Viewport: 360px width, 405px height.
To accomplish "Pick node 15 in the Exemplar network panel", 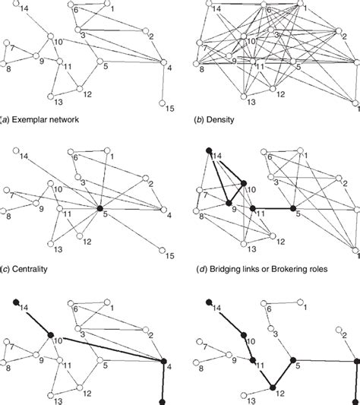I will click(x=163, y=101).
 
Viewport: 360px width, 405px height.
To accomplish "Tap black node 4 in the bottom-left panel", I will click(x=163, y=361).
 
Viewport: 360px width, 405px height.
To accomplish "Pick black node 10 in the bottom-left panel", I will click(x=49, y=336).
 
